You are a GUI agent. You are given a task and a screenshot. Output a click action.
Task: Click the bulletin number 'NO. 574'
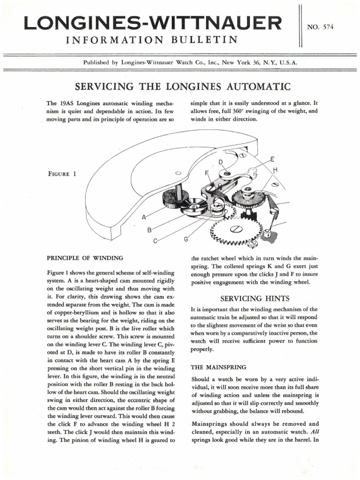(321, 28)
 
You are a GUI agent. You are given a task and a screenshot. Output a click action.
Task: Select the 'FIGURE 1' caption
(62, 173)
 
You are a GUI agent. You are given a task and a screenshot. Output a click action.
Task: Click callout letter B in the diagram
(150, 230)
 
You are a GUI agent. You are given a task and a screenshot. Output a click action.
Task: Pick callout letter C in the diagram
(156, 241)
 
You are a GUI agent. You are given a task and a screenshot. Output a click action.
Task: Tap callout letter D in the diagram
(221, 162)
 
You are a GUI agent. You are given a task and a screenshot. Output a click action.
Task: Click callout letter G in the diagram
(186, 240)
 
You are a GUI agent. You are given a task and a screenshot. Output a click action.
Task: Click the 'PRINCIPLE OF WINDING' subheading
(85, 258)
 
